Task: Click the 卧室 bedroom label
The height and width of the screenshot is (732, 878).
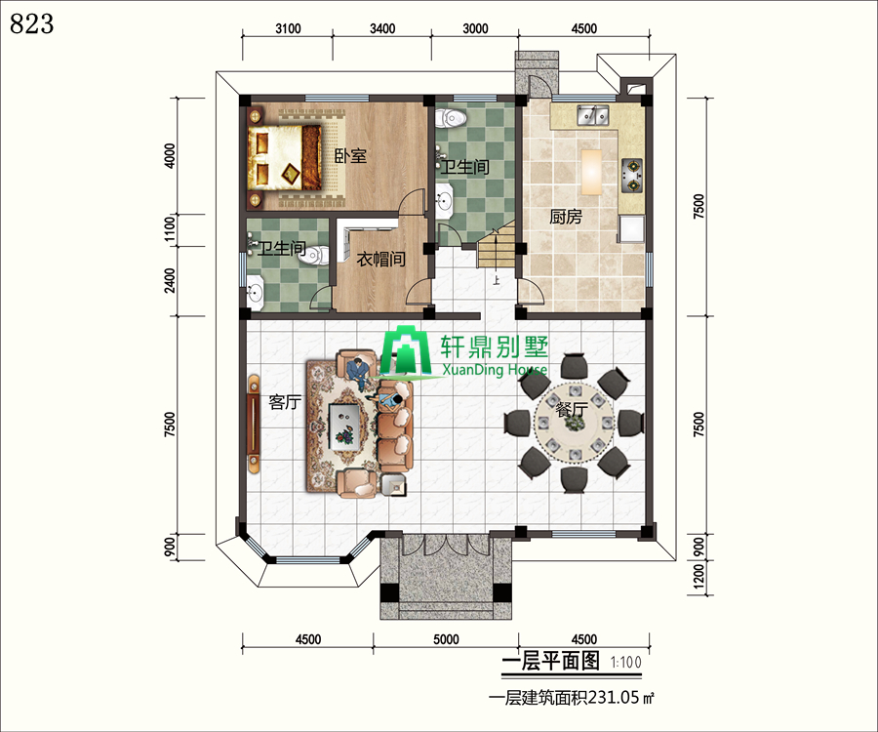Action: point(350,156)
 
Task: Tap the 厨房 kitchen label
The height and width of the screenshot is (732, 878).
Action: point(566,217)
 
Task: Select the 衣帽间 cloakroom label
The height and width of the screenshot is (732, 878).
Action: point(380,260)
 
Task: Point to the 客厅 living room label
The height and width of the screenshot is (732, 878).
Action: point(285,402)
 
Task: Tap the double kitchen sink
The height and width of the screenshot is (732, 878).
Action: point(593,115)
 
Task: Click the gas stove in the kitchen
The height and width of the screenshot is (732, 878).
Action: point(631,176)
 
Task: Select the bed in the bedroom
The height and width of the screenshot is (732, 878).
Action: point(284,157)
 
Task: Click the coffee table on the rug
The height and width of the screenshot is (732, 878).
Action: point(345,427)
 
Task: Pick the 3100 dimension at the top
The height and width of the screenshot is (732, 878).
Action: point(288,28)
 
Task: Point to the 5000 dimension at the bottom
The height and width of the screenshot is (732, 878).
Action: point(446,639)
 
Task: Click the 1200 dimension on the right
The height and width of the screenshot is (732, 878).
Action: point(698,576)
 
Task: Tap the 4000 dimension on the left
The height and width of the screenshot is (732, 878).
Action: point(170,156)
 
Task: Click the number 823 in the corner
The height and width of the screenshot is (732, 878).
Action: point(32,24)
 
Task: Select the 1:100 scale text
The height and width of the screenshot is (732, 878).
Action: point(626,663)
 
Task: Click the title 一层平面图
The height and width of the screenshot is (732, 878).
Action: point(550,662)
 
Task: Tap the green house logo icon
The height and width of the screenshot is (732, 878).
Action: point(406,351)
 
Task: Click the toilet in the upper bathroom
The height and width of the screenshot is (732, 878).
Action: point(452,117)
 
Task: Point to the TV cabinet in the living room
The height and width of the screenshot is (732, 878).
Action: point(255,424)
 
